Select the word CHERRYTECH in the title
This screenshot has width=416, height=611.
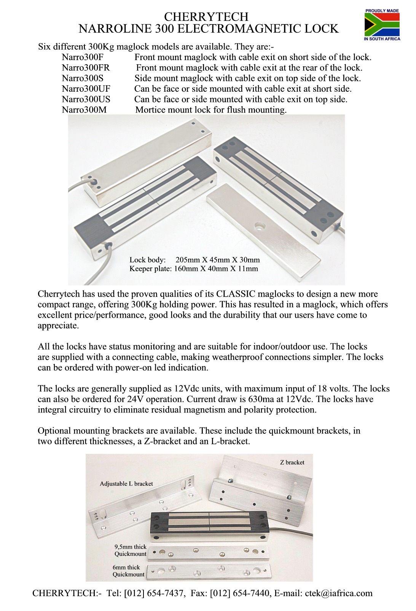tap(206, 17)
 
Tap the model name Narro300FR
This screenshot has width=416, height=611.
tap(86, 68)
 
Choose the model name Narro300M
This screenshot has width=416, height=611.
tap(84, 110)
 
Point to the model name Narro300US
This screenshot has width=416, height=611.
tap(86, 99)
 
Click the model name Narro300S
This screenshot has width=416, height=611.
tap(83, 78)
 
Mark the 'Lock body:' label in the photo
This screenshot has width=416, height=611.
tap(147, 260)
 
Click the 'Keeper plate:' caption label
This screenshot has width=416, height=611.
tap(150, 269)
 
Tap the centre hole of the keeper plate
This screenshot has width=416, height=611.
tap(260, 226)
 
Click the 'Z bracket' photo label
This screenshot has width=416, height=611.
tap(292, 462)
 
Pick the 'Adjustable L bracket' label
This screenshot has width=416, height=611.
tap(126, 484)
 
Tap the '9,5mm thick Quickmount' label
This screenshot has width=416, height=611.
tap(130, 550)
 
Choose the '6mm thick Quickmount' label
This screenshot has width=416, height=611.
tap(128, 571)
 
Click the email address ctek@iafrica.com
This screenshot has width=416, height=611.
tap(339, 593)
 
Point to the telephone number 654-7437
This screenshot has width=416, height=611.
tap(164, 593)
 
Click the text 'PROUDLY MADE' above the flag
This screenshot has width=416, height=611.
tap(382, 11)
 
